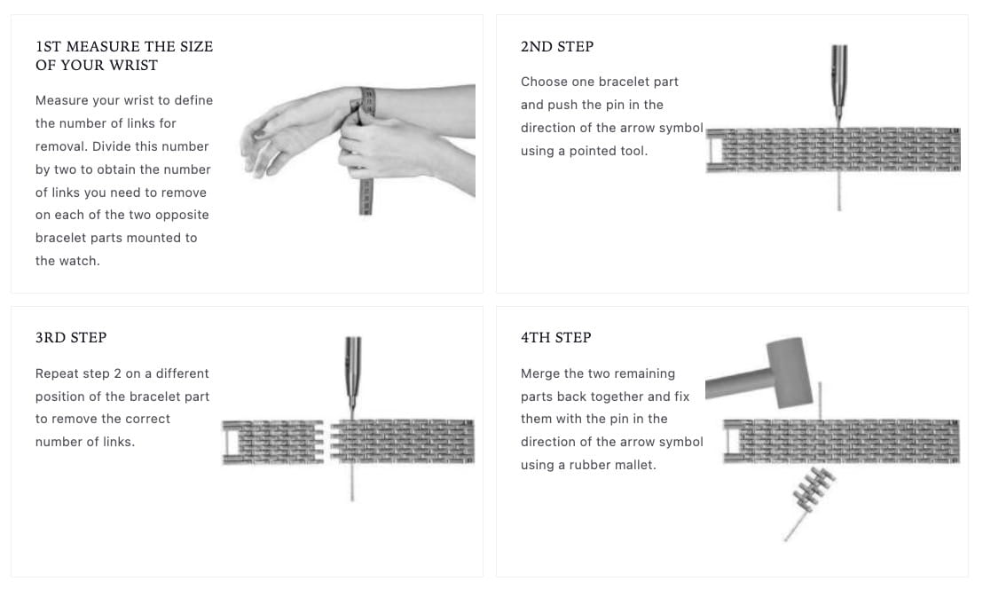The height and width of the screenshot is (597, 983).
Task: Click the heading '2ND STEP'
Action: point(556,46)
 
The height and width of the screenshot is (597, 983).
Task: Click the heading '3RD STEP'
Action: point(71,337)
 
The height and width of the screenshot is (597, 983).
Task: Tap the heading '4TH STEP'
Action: point(555,337)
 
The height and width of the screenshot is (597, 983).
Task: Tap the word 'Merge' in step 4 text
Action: point(539,373)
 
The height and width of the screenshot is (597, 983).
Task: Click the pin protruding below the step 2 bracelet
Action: point(838,191)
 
